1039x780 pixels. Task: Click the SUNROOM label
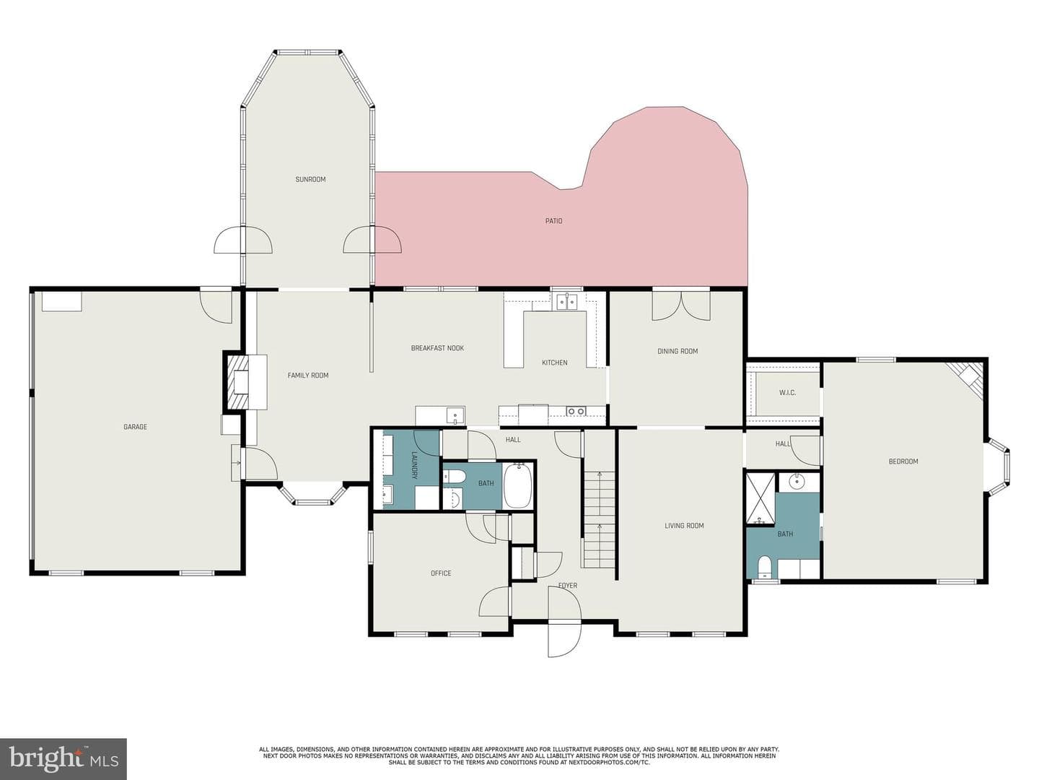click(310, 180)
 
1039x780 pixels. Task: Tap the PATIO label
click(554, 221)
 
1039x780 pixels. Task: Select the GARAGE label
click(136, 427)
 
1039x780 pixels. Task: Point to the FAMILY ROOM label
click(308, 375)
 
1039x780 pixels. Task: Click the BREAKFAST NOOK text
click(437, 348)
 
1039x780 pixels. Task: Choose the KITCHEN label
click(555, 363)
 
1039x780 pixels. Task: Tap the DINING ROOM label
click(678, 351)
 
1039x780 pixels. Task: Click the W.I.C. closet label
click(788, 393)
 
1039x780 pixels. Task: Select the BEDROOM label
click(903, 461)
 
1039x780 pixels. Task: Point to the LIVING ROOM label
click(685, 525)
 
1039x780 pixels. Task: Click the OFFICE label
click(441, 573)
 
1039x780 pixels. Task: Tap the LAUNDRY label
click(413, 465)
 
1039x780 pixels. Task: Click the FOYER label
click(568, 585)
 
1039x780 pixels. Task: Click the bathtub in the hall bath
click(518, 486)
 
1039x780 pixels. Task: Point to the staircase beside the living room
click(599, 519)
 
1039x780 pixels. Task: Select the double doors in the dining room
click(681, 305)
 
